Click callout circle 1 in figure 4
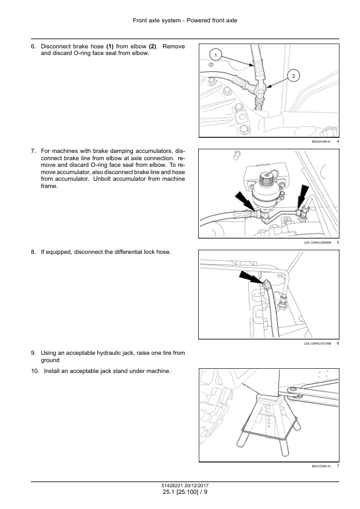[216, 55]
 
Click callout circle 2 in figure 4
[294, 76]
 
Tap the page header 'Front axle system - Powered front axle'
[185, 21]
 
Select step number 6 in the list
[33, 47]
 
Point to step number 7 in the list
[33, 151]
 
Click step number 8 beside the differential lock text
[33, 252]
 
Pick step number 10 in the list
[34, 371]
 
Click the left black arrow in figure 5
[245, 201]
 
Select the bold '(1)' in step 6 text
[110, 47]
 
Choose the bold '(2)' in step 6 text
[152, 47]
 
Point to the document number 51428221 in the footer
[173, 485]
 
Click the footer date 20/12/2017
[197, 485]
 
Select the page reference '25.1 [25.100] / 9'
[185, 492]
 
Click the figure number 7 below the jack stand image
[338, 466]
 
